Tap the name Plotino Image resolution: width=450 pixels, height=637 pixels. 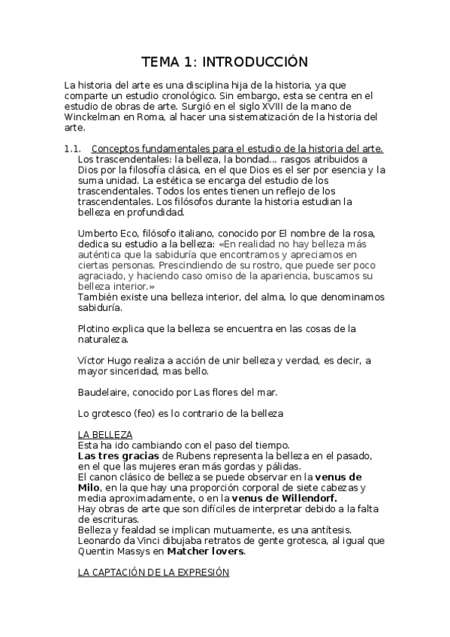pyautogui.click(x=95, y=328)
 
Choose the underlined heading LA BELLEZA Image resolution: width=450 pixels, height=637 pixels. pyautogui.click(x=105, y=435)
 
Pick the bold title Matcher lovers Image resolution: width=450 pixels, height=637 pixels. pyautogui.click(x=206, y=551)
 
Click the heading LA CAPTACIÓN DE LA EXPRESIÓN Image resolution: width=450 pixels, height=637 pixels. pyautogui.click(x=153, y=572)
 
